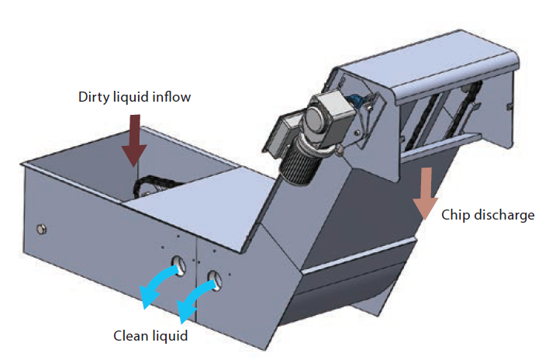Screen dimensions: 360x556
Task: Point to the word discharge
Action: pos(503,215)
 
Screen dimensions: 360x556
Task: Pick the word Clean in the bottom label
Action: pos(131,336)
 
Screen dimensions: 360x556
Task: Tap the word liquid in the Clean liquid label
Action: pos(169,336)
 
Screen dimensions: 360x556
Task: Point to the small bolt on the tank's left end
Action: pos(42,229)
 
